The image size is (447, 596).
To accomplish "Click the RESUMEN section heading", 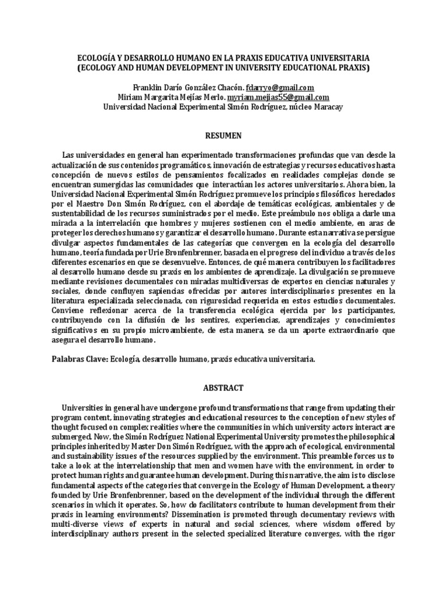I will [x=223, y=135].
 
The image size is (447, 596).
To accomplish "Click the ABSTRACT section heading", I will [x=223, y=388].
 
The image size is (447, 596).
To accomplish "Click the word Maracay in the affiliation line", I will [x=328, y=107].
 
